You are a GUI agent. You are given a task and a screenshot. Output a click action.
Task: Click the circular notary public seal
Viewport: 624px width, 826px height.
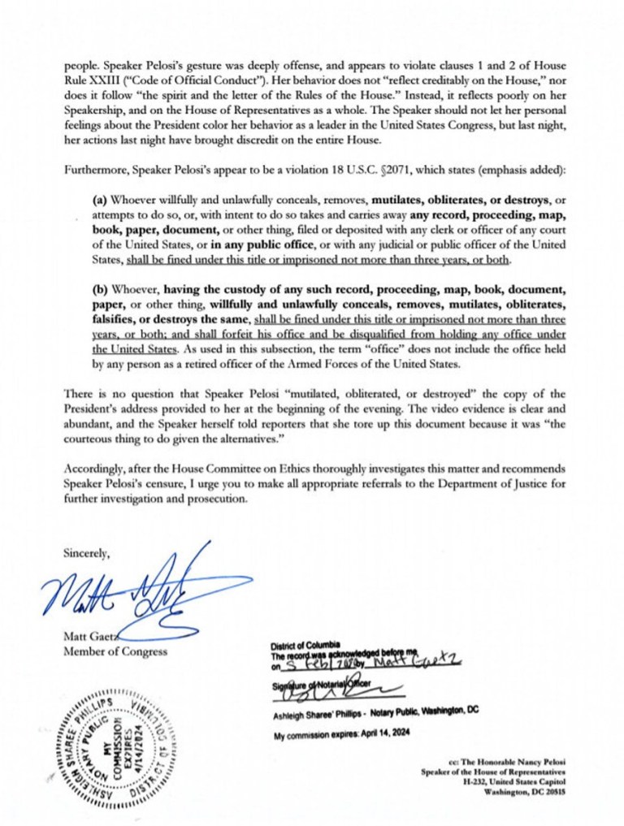(x=117, y=736)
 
